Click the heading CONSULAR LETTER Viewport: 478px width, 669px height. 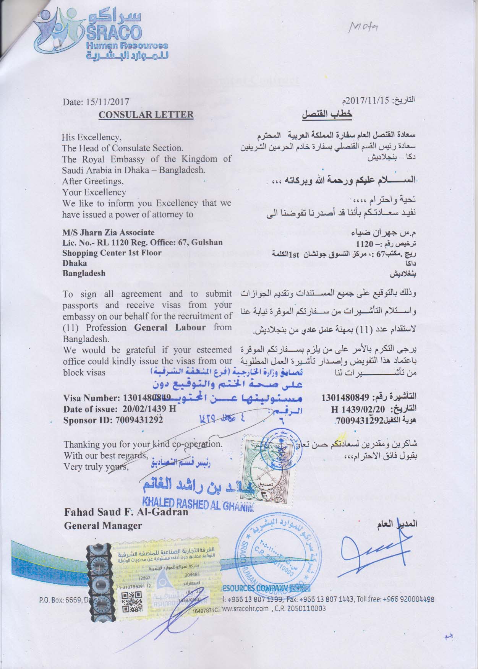click(146, 114)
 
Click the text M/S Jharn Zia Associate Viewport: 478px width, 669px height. click(109, 232)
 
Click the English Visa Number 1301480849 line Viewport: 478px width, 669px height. click(117, 398)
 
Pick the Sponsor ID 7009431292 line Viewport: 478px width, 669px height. click(113, 419)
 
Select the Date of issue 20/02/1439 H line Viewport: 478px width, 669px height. click(120, 409)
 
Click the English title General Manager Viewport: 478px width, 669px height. click(103, 525)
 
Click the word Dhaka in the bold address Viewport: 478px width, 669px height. click(75, 263)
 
